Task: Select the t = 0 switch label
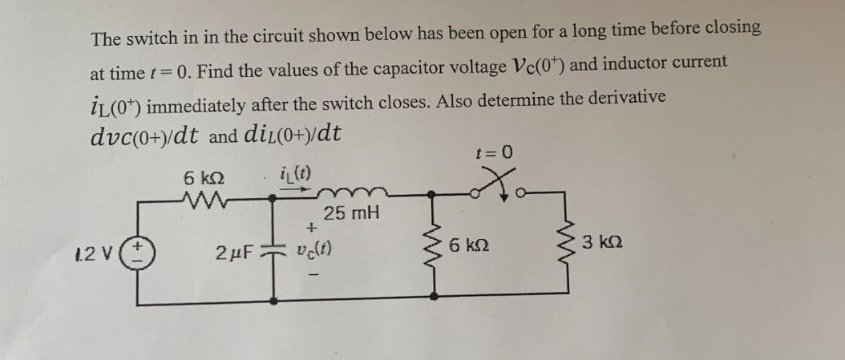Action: [493, 152]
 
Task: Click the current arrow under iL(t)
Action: [295, 191]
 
